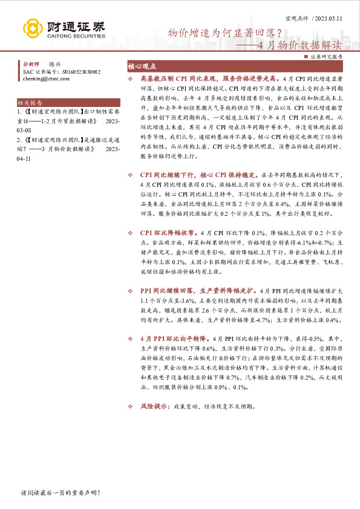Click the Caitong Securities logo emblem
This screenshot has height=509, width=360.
[31, 28]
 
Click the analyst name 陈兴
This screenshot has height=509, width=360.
[54, 63]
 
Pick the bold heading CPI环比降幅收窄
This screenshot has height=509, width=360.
[167, 232]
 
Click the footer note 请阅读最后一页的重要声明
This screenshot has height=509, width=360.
[59, 493]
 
